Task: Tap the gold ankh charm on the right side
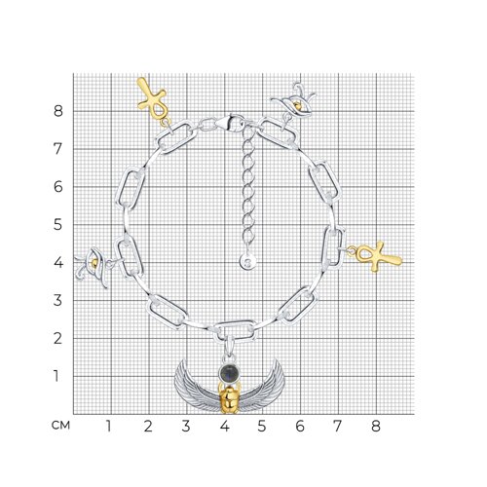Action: [x=377, y=256]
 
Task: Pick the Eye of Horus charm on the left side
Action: [x=93, y=266]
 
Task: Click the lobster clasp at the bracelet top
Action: [x=229, y=122]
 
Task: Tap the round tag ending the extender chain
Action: [x=248, y=261]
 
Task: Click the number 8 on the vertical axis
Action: [x=58, y=111]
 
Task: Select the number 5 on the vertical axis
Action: [x=57, y=225]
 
